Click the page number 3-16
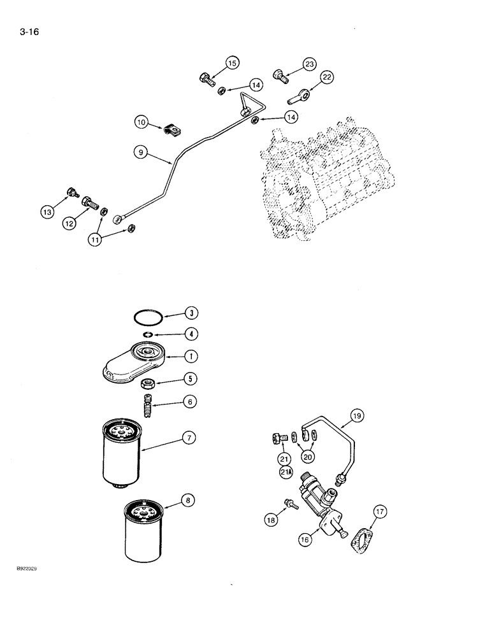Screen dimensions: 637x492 click(29, 31)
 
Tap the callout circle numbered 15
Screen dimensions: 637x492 click(231, 63)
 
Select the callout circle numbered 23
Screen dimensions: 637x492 click(309, 64)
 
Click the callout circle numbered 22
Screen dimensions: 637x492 click(326, 77)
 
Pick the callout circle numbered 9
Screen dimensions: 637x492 click(141, 152)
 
